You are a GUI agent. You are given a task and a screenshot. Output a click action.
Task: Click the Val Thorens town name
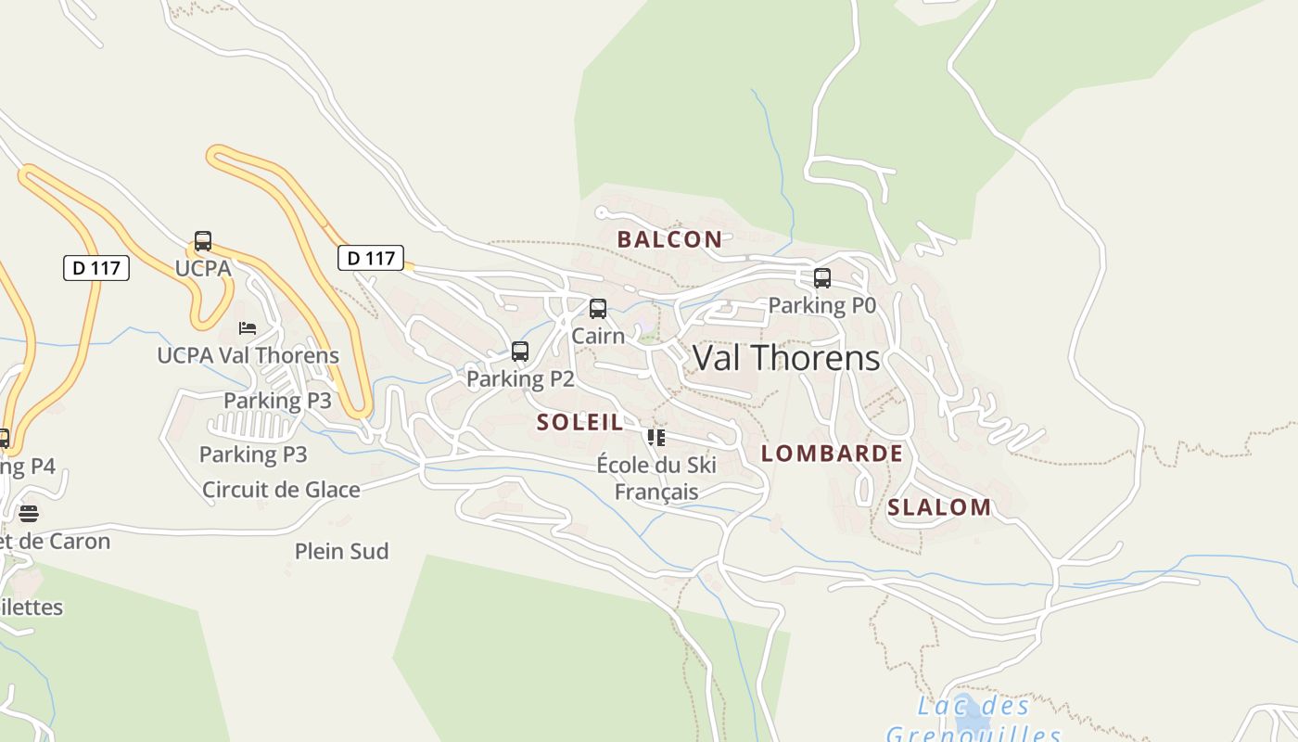(786, 358)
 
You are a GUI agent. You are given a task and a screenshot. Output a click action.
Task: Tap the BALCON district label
(669, 239)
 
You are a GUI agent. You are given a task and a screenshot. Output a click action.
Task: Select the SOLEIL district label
(580, 422)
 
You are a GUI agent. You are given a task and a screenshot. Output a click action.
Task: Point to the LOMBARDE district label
(832, 454)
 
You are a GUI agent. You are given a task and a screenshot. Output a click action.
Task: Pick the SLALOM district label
(939, 507)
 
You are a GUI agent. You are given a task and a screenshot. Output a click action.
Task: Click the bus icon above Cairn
(598, 309)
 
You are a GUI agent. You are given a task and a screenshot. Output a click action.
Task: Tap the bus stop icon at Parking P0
(821, 278)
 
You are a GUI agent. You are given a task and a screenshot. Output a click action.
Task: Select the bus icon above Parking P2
(520, 352)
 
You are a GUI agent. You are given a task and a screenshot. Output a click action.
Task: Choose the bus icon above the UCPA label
(203, 241)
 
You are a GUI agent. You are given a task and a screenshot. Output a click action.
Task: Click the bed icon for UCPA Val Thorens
(248, 328)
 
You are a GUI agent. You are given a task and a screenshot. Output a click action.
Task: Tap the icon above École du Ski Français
(656, 438)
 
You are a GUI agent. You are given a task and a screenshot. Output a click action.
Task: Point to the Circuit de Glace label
(281, 490)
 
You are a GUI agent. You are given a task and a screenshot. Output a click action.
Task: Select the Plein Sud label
(341, 552)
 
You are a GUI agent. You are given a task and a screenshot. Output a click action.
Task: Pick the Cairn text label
(598, 336)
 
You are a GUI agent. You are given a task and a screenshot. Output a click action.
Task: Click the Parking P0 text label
(821, 305)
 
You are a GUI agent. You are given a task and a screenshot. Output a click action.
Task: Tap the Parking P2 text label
(520, 378)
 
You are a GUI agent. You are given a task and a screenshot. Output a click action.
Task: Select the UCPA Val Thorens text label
(248, 355)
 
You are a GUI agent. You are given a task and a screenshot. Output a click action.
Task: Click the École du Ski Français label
(656, 478)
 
